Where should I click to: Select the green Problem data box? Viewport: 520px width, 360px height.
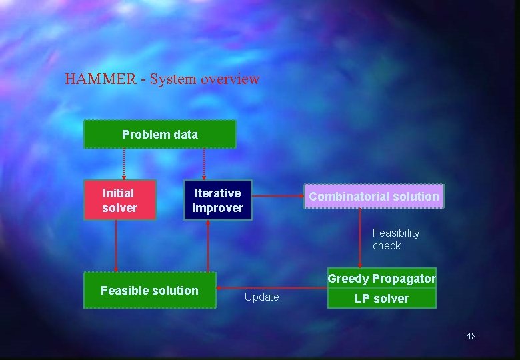coord(159,134)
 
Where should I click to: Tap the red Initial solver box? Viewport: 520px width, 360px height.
coord(119,200)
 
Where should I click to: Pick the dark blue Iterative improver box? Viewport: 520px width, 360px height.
coord(218,200)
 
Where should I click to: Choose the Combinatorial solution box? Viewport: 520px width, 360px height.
coord(373,196)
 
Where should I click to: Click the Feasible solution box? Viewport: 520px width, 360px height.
coord(149,290)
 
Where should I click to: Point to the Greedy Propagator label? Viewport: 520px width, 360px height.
coord(381,279)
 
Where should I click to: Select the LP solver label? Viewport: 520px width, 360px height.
coord(381,299)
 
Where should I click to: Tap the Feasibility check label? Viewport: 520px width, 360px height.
coord(396,239)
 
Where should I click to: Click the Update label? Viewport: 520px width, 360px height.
coord(261,297)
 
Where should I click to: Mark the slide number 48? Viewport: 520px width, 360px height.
coord(471,336)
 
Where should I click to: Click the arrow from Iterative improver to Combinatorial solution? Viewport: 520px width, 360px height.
coord(278,196)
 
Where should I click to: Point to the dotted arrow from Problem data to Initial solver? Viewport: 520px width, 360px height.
coord(123,164)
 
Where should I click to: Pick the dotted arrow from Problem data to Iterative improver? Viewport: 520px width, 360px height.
coord(204,164)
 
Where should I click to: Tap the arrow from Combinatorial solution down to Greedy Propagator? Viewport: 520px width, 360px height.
coord(360,239)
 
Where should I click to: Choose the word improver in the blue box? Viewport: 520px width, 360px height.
coord(218,208)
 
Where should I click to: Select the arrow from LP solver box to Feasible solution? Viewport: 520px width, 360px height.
coord(272,288)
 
